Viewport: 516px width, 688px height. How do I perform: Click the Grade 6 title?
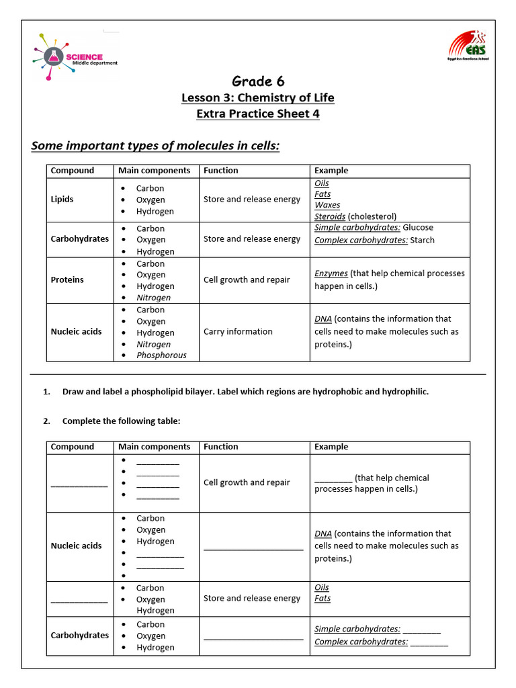click(258, 81)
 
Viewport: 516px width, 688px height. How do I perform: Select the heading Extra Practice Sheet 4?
click(258, 114)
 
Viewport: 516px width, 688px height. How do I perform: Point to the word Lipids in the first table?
click(62, 200)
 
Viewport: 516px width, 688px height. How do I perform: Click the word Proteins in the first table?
click(67, 279)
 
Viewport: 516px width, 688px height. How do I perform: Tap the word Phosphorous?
click(161, 355)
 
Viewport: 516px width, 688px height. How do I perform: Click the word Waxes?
click(327, 205)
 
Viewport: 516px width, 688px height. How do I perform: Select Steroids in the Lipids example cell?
click(330, 216)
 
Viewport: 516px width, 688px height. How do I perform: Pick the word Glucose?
click(418, 228)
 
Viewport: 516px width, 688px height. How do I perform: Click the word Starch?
click(423, 240)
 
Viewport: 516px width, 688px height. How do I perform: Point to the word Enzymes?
click(331, 273)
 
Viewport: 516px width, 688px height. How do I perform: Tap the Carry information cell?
click(238, 332)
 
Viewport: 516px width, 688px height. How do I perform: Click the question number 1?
click(46, 392)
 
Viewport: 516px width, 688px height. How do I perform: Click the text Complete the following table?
click(121, 421)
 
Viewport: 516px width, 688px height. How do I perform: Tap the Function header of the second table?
click(221, 447)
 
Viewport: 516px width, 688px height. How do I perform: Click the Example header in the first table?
click(331, 171)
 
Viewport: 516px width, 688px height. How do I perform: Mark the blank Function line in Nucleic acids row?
click(253, 549)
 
